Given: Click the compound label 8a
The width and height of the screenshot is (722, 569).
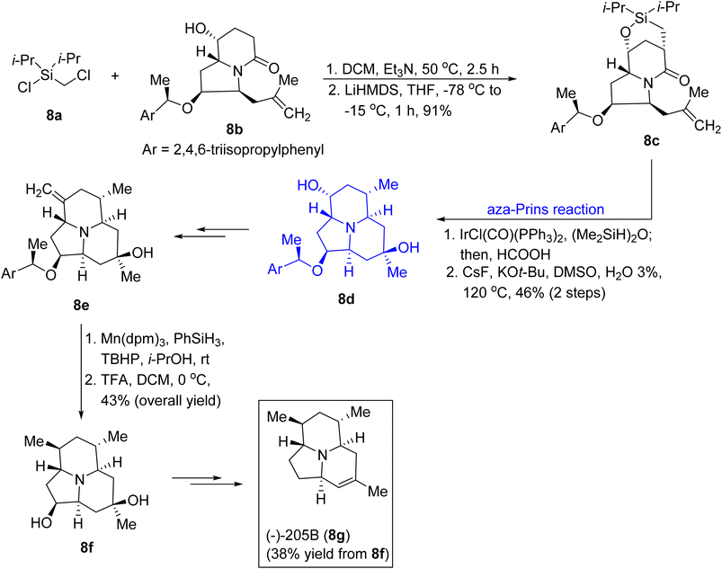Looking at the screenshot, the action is pyautogui.click(x=53, y=115).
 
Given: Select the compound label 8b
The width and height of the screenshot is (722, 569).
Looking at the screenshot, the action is pyautogui.click(x=233, y=129).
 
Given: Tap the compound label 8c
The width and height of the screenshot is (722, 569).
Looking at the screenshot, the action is pyautogui.click(x=651, y=141).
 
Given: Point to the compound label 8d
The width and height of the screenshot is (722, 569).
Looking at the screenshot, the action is pyautogui.click(x=346, y=299).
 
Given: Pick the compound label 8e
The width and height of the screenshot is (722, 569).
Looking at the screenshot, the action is pyautogui.click(x=81, y=305).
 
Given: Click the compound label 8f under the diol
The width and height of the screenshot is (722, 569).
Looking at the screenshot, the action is pyautogui.click(x=86, y=547).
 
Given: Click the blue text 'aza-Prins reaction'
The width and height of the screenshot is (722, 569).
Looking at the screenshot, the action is pyautogui.click(x=545, y=209).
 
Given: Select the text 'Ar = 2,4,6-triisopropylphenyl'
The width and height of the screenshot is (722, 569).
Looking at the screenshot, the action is pyautogui.click(x=233, y=150).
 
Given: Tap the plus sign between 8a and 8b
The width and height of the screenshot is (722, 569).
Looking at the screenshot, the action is pyautogui.click(x=115, y=76).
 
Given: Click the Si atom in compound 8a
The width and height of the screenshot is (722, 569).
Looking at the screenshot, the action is pyautogui.click(x=47, y=75).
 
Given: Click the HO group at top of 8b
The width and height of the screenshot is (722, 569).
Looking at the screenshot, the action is pyautogui.click(x=196, y=29).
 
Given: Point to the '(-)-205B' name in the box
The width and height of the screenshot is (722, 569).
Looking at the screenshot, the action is pyautogui.click(x=293, y=536).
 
